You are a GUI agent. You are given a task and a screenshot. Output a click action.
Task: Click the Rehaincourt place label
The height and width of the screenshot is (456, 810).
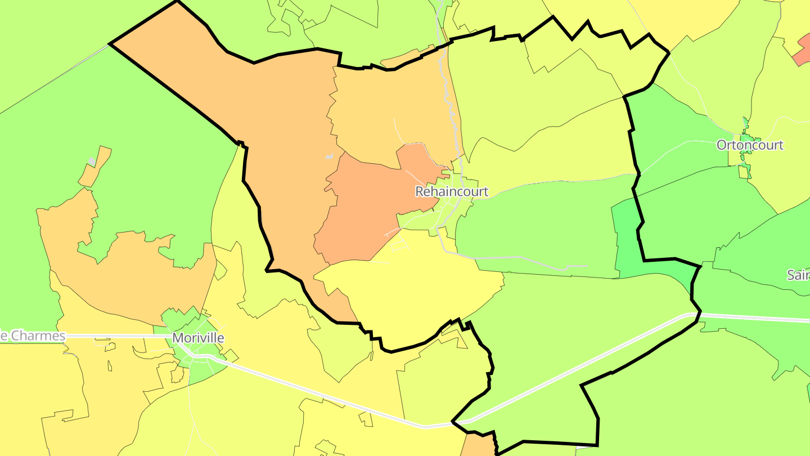[452, 191]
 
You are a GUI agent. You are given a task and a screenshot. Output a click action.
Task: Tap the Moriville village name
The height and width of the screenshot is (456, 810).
[198, 338]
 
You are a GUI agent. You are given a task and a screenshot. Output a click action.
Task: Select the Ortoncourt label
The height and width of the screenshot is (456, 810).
[750, 145]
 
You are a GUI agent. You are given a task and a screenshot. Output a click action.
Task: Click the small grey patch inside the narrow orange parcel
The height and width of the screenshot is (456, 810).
[91, 162]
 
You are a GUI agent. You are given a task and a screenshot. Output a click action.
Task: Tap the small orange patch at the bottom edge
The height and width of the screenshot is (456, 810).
[477, 445]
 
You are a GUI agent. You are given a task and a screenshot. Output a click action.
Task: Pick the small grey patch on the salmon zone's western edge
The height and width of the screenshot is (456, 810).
[329, 156]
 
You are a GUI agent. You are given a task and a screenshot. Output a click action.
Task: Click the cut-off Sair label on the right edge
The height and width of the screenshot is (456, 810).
[799, 275]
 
